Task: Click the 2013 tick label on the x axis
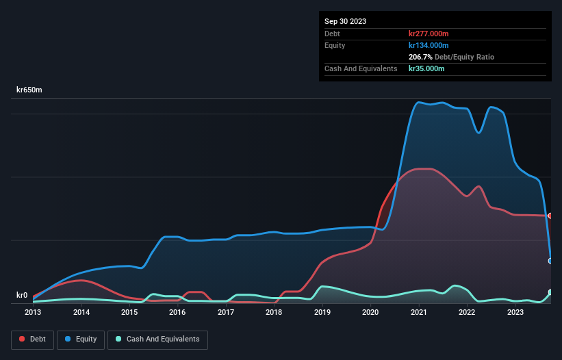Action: (33, 313)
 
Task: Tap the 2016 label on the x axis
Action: (177, 313)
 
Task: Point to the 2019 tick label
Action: (322, 313)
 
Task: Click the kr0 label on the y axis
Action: (23, 296)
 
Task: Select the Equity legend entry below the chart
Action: (81, 339)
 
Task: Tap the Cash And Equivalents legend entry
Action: (157, 339)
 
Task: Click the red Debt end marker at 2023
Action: (550, 216)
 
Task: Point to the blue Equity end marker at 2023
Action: (550, 261)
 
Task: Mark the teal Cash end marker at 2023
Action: (550, 292)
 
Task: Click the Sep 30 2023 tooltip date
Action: (345, 21)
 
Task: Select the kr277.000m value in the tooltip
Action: (429, 34)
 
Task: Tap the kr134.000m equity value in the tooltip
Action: (429, 45)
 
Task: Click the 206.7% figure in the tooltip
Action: (420, 57)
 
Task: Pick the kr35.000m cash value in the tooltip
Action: (426, 68)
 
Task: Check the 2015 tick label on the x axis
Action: (129, 313)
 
